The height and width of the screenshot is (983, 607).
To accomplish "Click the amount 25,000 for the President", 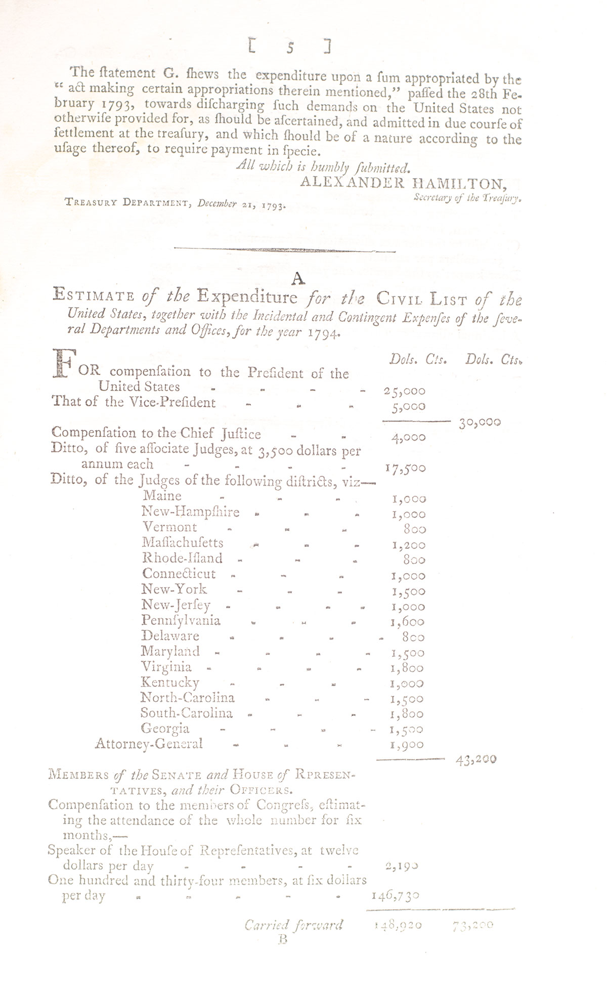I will pyautogui.click(x=405, y=391).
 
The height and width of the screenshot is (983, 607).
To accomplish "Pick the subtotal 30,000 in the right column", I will pyautogui.click(x=480, y=422).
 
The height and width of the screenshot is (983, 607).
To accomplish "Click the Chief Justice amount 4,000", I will pyautogui.click(x=408, y=438).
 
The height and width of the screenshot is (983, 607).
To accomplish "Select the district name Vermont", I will pyautogui.click(x=169, y=528).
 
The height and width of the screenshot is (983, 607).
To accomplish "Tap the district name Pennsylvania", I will pyautogui.click(x=181, y=620).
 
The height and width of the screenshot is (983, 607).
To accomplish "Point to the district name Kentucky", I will pyautogui.click(x=170, y=682).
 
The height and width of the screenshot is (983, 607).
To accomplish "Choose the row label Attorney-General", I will pyautogui.click(x=149, y=744).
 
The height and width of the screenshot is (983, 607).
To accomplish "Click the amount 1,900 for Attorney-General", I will pyautogui.click(x=408, y=745).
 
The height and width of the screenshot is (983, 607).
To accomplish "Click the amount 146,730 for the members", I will pyautogui.click(x=395, y=896).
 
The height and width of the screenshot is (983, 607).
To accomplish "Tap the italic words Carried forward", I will pyautogui.click(x=293, y=925).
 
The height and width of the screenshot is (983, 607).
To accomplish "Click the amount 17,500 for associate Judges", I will pyautogui.click(x=405, y=468).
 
